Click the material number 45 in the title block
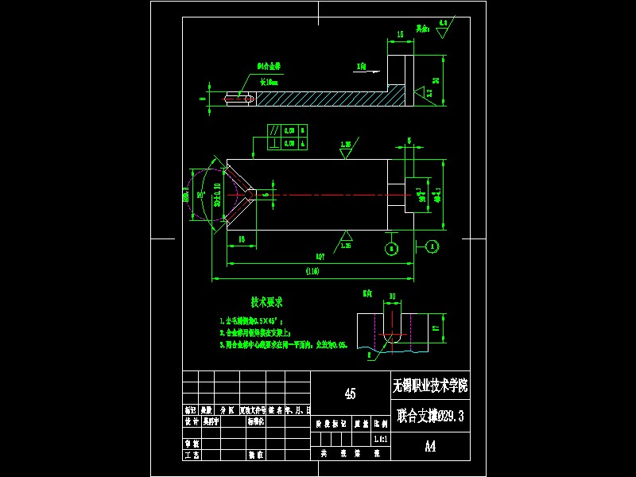tap(350, 393)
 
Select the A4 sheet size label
tap(430, 446)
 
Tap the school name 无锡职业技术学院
tap(430, 386)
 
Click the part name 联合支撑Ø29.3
tap(430, 415)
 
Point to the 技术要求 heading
tap(266, 302)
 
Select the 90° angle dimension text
tap(202, 193)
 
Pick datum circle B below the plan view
tap(391, 249)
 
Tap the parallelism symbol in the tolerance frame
tap(274, 130)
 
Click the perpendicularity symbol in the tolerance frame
tap(274, 144)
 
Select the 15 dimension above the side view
tap(400, 35)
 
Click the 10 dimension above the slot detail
tap(392, 297)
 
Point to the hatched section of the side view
tap(318, 99)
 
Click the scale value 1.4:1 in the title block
tap(380, 439)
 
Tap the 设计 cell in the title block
tap(191, 421)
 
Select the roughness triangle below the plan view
tap(347, 236)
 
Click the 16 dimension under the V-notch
tap(241, 238)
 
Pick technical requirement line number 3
tap(223, 346)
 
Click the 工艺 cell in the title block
tap(191, 455)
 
